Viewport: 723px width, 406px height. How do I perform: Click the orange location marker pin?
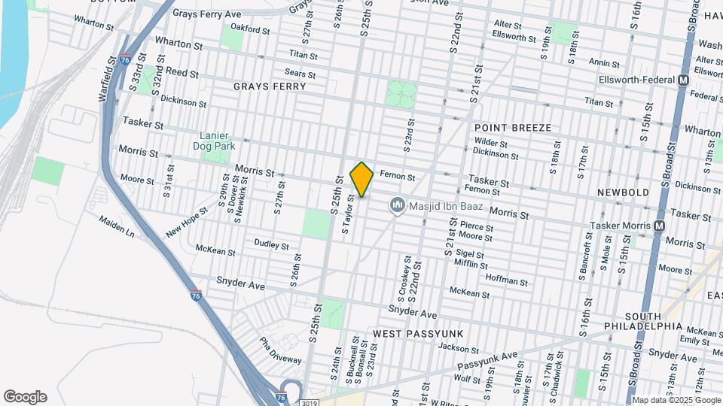click(361, 179)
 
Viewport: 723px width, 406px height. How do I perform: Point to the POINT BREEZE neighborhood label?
click(513, 128)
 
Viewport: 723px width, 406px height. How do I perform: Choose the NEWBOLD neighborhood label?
click(623, 192)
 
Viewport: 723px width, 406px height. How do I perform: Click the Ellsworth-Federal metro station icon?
click(684, 80)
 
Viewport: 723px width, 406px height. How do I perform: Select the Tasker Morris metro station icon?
click(660, 226)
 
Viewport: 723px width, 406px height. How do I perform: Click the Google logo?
click(25, 397)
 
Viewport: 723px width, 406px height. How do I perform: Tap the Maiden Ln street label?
click(116, 226)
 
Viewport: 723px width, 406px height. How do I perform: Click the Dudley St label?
click(271, 245)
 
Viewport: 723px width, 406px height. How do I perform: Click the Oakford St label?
click(250, 30)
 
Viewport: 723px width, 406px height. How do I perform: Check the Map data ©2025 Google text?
click(676, 400)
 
